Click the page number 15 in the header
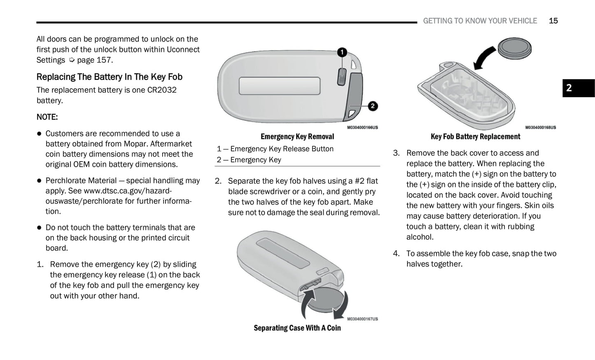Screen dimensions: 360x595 coord(553,21)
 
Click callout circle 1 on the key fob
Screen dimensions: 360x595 coord(342,52)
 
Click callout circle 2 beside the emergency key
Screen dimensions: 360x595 coord(372,106)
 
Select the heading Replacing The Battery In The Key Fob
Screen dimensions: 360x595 coord(109,77)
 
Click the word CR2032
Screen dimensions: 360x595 coord(162,90)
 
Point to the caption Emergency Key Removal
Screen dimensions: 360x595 coord(297,137)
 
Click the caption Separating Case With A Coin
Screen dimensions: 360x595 coord(297,328)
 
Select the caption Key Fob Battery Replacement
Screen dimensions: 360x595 coord(475,137)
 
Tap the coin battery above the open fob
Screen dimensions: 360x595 coord(514,48)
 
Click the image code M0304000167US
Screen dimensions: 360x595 coord(362,319)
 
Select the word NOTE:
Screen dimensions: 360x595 coord(47,117)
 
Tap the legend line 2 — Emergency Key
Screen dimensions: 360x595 coord(249,160)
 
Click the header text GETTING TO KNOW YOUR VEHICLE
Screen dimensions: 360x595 coord(480,21)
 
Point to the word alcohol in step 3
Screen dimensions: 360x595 coord(420,237)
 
